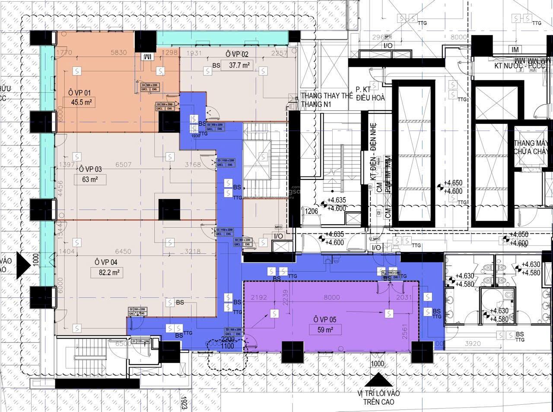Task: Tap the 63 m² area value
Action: [90, 179]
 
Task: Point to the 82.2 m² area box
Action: [105, 272]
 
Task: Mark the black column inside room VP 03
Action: [169, 209]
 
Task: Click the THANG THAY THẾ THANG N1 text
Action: [327, 100]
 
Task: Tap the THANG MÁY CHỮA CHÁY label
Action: [531, 147]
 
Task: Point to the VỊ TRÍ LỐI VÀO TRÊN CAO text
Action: [378, 397]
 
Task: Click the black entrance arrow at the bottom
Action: [378, 380]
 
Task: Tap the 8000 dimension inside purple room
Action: [332, 297]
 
